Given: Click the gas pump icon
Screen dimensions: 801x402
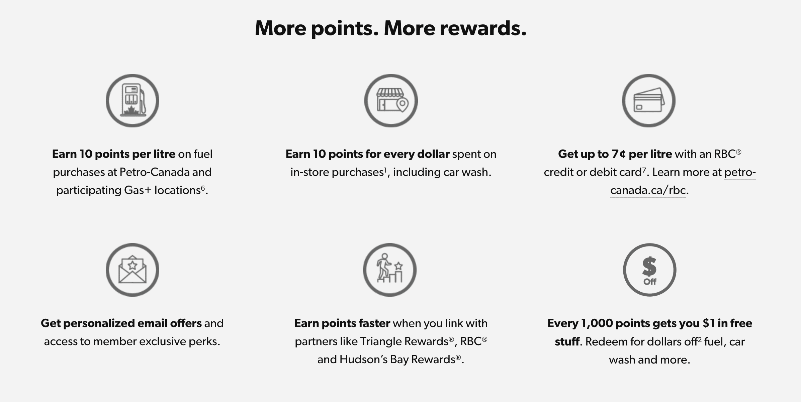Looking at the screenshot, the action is click(132, 101).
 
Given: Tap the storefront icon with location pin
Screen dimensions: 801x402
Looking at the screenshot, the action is click(391, 101).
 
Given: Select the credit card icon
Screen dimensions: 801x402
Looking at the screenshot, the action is click(648, 101).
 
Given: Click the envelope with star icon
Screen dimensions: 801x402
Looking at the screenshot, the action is click(132, 270).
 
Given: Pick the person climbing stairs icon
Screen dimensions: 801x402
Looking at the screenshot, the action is click(390, 270).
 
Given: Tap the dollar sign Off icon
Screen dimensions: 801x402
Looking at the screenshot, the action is click(649, 270).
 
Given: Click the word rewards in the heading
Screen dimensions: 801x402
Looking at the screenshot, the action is click(483, 28).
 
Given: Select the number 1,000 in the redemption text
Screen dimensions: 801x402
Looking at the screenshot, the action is click(597, 323).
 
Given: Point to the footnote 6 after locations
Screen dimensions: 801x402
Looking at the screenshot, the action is click(203, 188).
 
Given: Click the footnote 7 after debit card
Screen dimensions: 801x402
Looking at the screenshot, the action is click(644, 170).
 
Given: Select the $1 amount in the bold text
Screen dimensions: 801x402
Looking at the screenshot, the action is click(709, 323).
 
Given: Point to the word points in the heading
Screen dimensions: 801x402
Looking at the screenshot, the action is click(345, 29).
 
